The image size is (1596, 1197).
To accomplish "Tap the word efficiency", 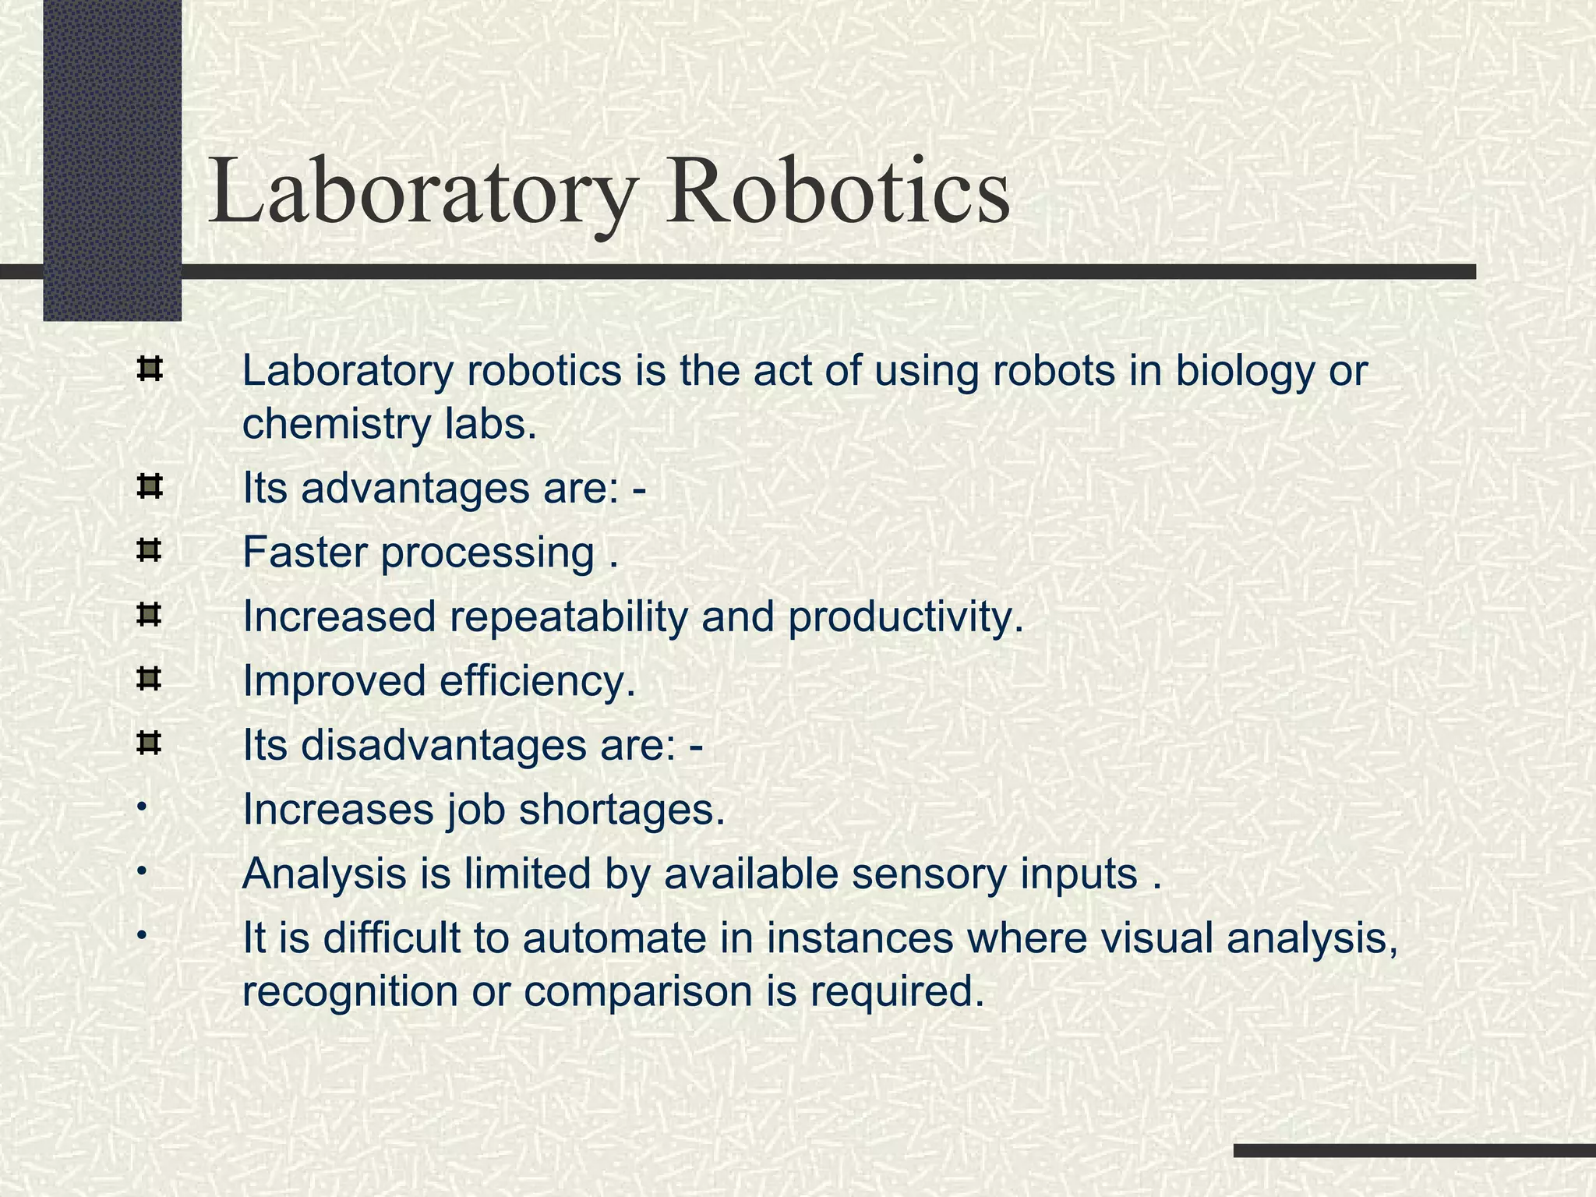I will point(537,682).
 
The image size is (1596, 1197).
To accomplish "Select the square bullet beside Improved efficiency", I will point(148,680).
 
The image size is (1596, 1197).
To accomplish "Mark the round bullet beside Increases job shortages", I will point(140,806).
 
